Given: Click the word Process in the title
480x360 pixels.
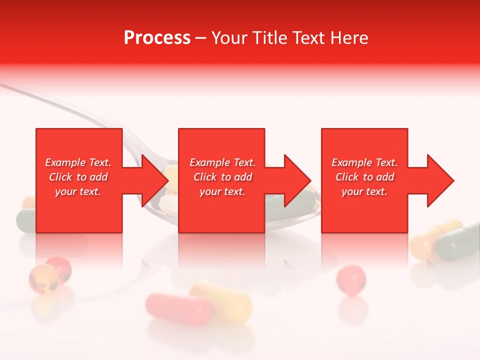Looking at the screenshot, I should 157,38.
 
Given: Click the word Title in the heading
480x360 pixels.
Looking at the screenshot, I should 269,38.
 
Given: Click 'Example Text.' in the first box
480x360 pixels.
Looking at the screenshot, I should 78,162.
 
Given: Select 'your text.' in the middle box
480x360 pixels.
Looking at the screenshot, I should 222,191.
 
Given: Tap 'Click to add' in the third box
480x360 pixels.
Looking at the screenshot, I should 365,177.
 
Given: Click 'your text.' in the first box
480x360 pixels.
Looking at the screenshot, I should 78,191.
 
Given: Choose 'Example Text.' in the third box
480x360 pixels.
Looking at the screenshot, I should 365,162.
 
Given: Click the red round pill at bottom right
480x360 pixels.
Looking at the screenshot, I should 350,278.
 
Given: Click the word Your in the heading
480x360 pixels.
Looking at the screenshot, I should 228,38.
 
